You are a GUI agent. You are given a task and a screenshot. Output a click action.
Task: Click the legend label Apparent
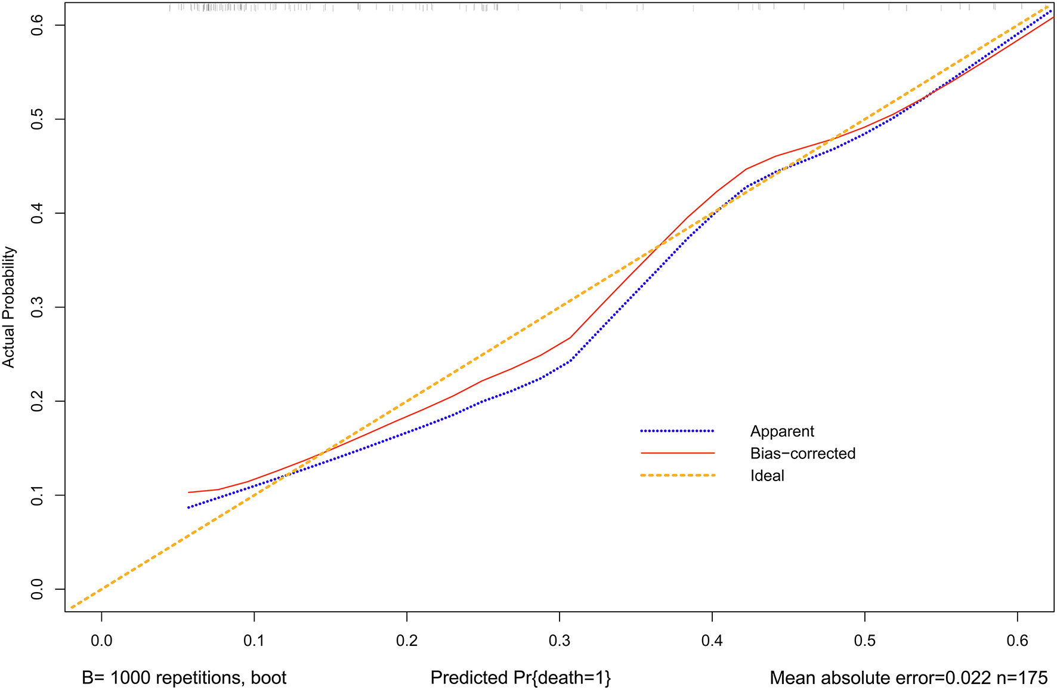coord(781,432)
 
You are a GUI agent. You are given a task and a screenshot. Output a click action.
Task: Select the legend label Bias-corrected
coord(802,454)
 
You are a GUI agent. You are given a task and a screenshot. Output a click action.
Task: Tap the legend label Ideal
coord(767,476)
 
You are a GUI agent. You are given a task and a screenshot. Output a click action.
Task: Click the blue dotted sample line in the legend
coord(677,431)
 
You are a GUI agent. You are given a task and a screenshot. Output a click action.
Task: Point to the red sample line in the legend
coord(677,453)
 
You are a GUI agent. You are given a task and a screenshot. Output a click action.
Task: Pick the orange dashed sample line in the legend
coord(677,475)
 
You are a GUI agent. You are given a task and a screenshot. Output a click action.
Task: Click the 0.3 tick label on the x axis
coord(559,641)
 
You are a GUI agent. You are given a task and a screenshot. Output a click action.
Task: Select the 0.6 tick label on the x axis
coord(1017,641)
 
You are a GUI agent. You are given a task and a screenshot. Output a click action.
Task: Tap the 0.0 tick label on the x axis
coord(101,641)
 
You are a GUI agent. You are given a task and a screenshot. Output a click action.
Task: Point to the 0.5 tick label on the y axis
coord(38,119)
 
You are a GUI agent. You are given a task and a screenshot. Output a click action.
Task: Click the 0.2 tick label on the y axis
coord(38,401)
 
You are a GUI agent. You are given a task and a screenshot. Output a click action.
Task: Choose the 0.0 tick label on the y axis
coord(38,589)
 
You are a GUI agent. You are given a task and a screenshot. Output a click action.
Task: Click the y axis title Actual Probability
coord(8,307)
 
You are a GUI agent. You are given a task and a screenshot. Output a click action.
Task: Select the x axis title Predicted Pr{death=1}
coord(520,678)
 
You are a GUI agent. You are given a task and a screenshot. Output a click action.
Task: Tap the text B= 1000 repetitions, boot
coord(184,678)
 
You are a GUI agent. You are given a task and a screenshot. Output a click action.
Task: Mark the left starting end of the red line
coord(189,492)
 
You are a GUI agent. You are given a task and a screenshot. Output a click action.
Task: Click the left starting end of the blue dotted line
coord(189,507)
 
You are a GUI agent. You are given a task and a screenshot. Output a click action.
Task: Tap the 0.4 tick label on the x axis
coord(712,641)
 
